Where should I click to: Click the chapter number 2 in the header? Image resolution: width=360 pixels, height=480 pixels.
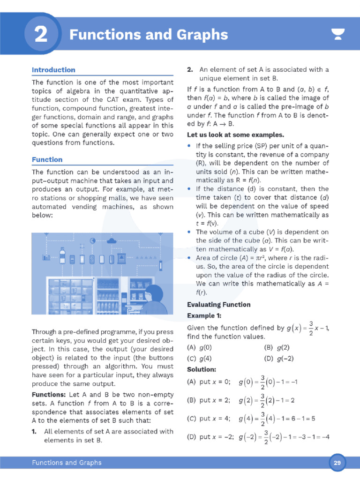41,35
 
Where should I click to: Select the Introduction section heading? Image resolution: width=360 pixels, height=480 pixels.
53,70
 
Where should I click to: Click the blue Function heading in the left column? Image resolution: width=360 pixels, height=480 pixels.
47,159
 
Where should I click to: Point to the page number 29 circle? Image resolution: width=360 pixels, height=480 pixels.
337,463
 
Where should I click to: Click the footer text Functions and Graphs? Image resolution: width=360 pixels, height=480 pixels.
67,463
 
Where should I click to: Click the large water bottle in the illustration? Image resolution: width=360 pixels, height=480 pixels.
62,256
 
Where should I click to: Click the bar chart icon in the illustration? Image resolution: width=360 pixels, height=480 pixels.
46,257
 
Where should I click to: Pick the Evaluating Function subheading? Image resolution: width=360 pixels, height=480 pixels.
218,305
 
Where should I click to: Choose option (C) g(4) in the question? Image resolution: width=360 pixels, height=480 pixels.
200,359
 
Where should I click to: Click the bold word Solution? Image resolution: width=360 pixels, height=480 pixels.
202,369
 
